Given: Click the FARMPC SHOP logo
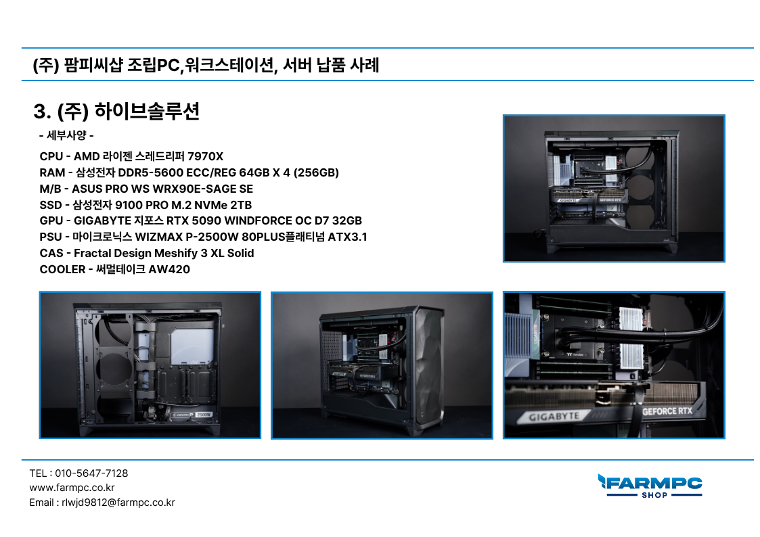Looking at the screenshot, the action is pyautogui.click(x=650, y=486).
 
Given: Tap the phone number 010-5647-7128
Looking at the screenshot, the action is pyautogui.click(x=91, y=473).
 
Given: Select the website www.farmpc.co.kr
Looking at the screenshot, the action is pyautogui.click(x=72, y=488).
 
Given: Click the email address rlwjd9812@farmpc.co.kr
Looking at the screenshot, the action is pyautogui.click(x=118, y=503).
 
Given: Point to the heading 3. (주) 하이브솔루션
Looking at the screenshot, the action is pyautogui.click(x=116, y=111).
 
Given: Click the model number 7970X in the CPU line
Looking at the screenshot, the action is pyautogui.click(x=205, y=156).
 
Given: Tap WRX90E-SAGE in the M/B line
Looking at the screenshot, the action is pyautogui.click(x=194, y=189).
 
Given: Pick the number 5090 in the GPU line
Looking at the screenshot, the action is pyautogui.click(x=206, y=220).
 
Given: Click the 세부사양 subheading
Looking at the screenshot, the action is pyautogui.click(x=66, y=135).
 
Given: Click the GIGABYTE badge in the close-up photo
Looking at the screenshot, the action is pyautogui.click(x=554, y=417).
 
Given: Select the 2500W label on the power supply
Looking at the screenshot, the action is pyautogui.click(x=204, y=415).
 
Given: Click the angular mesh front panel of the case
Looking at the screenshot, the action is pyautogui.click(x=428, y=366).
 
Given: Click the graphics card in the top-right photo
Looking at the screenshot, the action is pyautogui.click(x=589, y=199).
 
